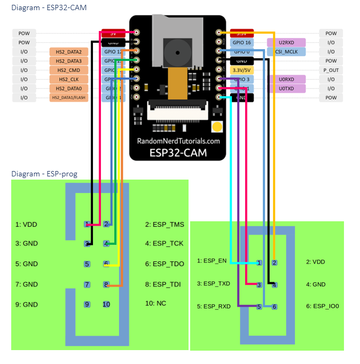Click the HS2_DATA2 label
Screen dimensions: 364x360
tap(68, 52)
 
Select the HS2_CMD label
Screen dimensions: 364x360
tap(68, 70)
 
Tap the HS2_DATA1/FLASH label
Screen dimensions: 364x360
tap(68, 97)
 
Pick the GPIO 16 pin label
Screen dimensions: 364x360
tap(241, 42)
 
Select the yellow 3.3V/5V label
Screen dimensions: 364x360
tap(241, 70)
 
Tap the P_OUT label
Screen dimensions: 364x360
tap(331, 70)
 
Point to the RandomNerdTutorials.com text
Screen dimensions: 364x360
tap(178, 141)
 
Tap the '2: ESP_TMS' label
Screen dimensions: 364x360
tap(165, 224)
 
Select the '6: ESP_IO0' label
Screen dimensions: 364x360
tap(322, 306)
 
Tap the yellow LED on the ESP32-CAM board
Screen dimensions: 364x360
tap(217, 127)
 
